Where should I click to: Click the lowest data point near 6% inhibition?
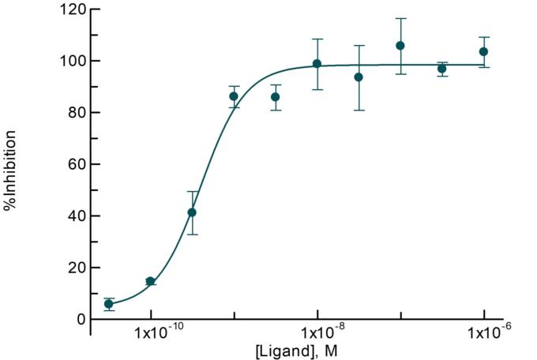click(x=109, y=304)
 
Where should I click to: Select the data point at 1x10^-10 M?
click(x=151, y=281)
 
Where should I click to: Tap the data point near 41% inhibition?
click(x=192, y=212)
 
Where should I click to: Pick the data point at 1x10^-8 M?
click(x=317, y=64)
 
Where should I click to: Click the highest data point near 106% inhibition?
click(x=400, y=46)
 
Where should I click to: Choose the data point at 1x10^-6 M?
click(x=483, y=51)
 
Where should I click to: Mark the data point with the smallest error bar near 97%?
click(x=442, y=69)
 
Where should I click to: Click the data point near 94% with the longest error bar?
click(x=359, y=77)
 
